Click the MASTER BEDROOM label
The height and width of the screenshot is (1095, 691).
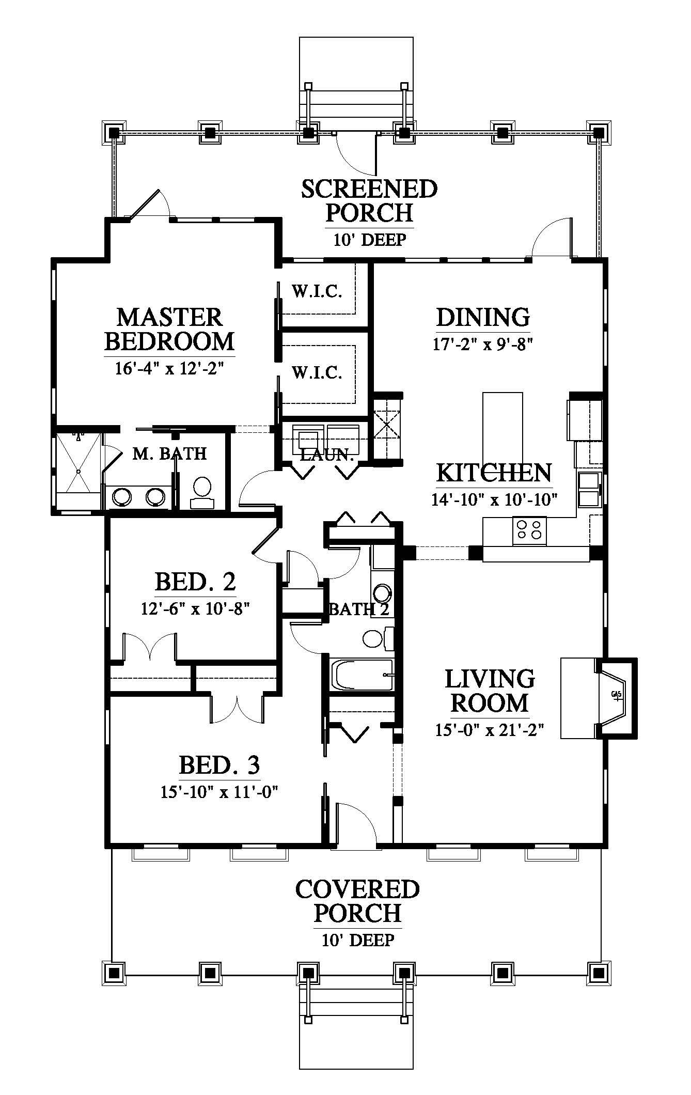169,329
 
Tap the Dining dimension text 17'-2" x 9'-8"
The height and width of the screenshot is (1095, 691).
482,344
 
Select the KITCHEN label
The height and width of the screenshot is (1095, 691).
494,473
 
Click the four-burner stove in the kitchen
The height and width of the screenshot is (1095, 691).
529,530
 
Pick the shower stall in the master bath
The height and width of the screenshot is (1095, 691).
78,471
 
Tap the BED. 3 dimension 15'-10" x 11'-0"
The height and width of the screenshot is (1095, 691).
219,792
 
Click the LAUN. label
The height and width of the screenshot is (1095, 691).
326,455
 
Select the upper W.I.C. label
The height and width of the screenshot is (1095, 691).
317,292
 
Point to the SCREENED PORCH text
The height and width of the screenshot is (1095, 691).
369,200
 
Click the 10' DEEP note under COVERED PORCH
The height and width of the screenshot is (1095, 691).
358,940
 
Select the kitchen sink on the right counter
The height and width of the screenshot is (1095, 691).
589,490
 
